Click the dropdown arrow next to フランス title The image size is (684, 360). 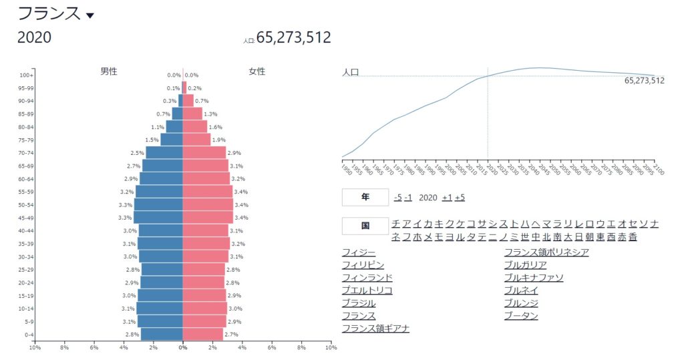(x=90, y=15)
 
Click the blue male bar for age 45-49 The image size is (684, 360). (x=158, y=218)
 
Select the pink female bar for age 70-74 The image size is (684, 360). (x=204, y=153)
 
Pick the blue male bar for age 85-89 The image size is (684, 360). (x=177, y=114)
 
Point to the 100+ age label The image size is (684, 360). (x=27, y=75)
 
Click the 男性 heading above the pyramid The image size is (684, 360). (x=109, y=71)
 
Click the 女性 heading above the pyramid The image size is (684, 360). (x=257, y=71)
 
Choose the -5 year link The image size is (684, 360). (x=397, y=198)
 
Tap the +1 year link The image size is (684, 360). (x=447, y=198)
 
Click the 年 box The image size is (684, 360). (x=365, y=198)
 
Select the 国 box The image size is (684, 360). (x=365, y=226)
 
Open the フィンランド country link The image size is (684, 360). (x=367, y=277)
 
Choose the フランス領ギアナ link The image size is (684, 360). (x=375, y=328)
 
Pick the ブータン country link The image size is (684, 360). (x=521, y=315)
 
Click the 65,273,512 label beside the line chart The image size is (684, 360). (x=644, y=81)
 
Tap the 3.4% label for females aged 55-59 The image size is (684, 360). (x=242, y=192)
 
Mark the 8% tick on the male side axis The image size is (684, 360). (x=65, y=347)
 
